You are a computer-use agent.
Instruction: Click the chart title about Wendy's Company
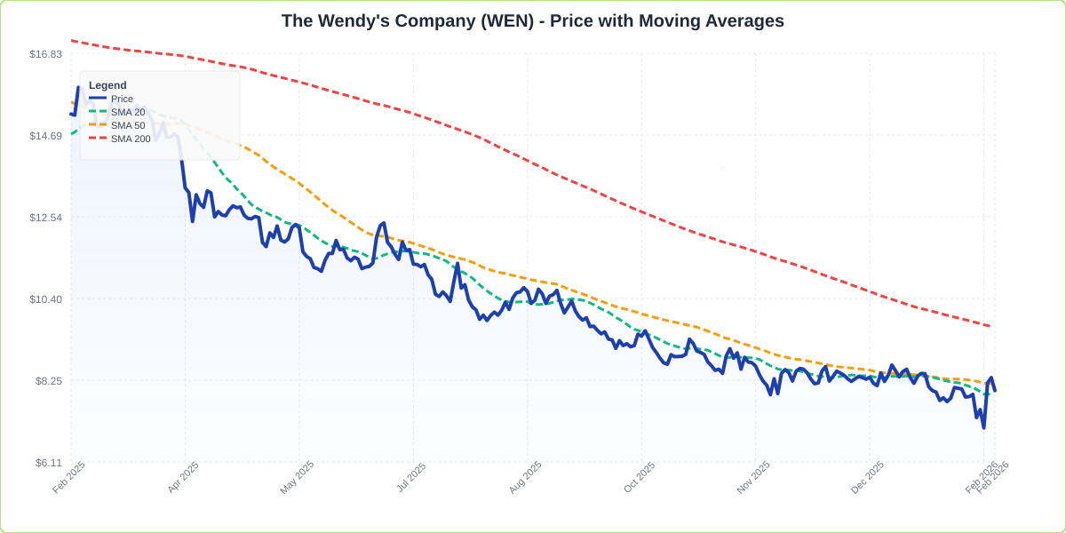tap(532, 20)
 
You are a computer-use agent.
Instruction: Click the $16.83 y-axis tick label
tap(45, 54)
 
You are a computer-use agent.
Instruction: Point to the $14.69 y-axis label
tap(45, 136)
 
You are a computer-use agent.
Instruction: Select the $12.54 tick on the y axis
tap(45, 218)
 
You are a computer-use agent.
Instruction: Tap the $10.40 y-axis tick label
tap(45, 299)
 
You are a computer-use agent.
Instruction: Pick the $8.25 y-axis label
tap(48, 381)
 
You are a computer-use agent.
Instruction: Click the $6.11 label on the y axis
tap(48, 463)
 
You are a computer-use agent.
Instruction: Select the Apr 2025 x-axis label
tap(183, 477)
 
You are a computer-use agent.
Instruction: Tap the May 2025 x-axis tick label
tap(297, 477)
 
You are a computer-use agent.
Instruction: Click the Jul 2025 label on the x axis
tap(411, 477)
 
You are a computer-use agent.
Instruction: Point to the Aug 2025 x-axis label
tap(525, 477)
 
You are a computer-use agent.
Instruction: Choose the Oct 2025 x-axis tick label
tap(639, 477)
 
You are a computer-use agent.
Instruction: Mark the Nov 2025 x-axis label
tap(753, 477)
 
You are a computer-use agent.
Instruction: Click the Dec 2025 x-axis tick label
tap(867, 477)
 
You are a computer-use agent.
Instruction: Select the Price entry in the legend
tap(122, 99)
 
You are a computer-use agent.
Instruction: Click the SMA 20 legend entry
tap(127, 112)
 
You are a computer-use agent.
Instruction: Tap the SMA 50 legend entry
tap(127, 125)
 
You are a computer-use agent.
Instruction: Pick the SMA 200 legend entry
tap(130, 139)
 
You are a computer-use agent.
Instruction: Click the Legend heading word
tap(107, 85)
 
